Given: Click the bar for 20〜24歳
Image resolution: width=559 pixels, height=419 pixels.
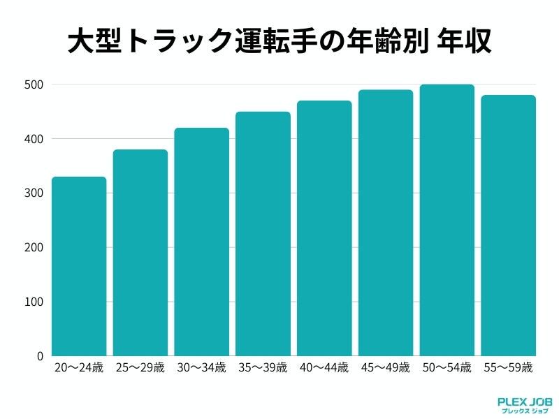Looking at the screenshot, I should [79, 267].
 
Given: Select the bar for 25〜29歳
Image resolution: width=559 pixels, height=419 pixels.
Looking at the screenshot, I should [140, 253].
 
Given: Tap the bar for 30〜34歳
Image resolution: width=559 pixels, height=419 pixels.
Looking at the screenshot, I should [202, 242].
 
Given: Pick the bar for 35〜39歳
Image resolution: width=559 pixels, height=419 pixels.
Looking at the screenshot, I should [263, 234].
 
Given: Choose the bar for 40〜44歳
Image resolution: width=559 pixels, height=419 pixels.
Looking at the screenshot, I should [324, 228].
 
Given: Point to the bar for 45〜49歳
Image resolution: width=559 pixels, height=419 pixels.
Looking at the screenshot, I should [386, 223].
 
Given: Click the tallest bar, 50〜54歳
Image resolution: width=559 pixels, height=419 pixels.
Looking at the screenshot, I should [447, 220].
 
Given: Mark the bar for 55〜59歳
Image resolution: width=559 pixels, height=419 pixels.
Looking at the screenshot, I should [508, 226].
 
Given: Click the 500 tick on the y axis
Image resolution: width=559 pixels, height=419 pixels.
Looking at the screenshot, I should [35, 85].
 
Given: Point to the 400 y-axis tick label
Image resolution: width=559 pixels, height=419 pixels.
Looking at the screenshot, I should [35, 139].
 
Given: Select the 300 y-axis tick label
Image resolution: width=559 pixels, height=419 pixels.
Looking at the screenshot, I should [35, 193].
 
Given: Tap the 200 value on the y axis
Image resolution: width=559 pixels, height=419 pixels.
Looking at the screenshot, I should [35, 248].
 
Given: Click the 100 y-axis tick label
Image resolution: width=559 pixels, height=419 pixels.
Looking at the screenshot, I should [35, 302].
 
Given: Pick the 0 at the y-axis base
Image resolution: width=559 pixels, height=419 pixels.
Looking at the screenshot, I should [40, 356].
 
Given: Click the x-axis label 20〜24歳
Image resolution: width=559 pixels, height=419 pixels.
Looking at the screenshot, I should [79, 367].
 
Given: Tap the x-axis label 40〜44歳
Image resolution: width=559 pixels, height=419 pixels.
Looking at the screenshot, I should [324, 367].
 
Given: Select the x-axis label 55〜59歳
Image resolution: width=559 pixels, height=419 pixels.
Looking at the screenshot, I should [508, 367].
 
